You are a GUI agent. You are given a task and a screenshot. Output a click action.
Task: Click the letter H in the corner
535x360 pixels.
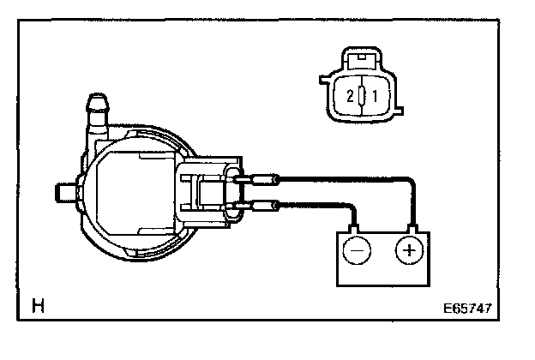coord(39,305)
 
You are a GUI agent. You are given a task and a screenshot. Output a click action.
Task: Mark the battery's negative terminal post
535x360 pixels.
coord(354,229)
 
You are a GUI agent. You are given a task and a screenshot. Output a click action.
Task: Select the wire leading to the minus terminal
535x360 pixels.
coord(317,205)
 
